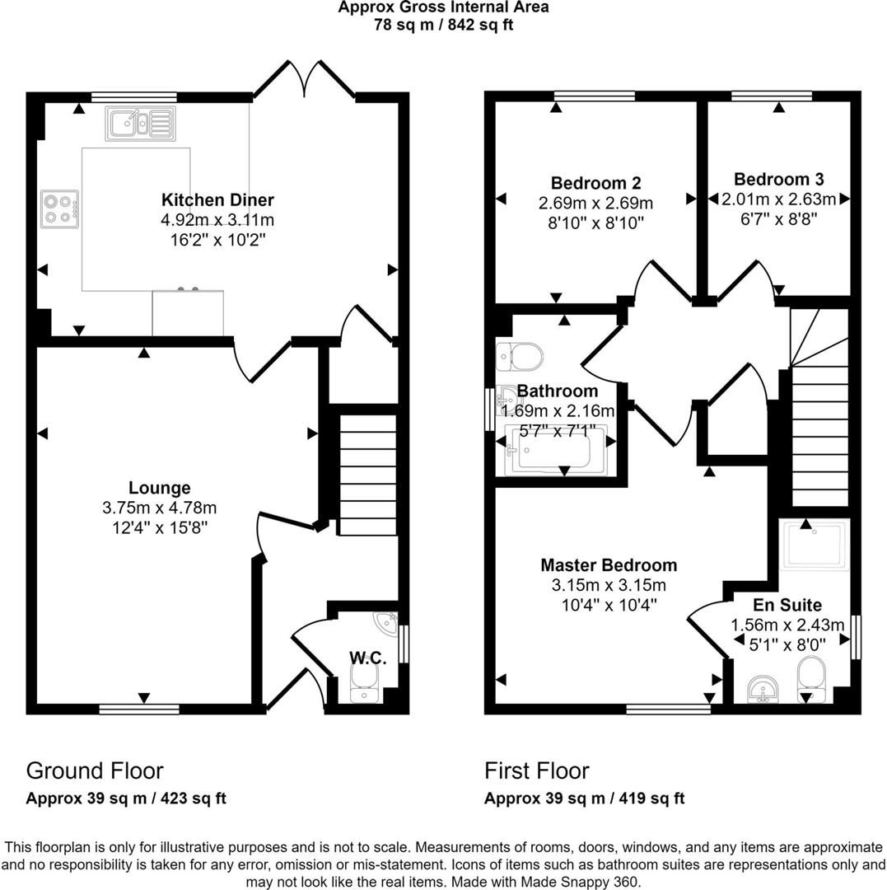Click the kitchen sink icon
coord(140,123)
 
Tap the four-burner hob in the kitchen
coord(59,208)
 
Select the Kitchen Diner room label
coord(217,199)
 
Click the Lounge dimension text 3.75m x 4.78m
coord(160,508)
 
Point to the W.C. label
coord(368,658)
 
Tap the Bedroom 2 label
coord(596,183)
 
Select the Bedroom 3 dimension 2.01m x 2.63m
coord(778,199)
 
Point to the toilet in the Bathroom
coord(520,357)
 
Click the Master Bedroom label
coord(609,564)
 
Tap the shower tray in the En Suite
coord(815,545)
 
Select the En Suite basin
coord(764,689)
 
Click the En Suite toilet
coord(812,679)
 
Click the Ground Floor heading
coord(95,771)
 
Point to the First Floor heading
coord(536,771)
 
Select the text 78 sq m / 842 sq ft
coord(443,25)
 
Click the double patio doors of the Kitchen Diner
coord(305,78)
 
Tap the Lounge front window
coord(139,709)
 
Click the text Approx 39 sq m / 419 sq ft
coord(584,798)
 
